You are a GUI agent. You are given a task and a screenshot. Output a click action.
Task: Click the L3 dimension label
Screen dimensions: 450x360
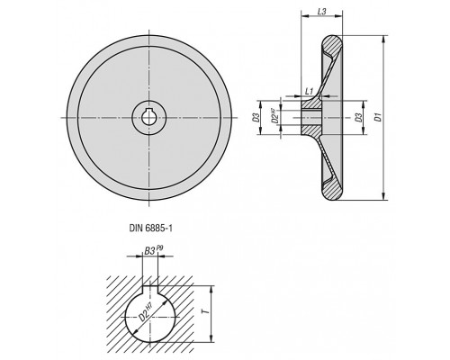pyautogui.click(x=321, y=12)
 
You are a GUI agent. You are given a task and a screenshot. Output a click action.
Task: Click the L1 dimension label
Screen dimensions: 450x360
pyautogui.click(x=309, y=91)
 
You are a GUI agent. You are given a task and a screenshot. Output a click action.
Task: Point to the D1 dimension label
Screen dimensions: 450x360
pyautogui.click(x=379, y=117)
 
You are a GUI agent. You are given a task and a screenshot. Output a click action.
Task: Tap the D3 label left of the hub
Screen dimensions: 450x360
pyautogui.click(x=256, y=117)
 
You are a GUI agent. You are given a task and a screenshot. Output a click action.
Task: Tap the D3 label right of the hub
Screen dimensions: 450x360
pyautogui.click(x=357, y=117)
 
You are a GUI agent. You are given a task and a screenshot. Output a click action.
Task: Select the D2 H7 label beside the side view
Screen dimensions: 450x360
pyautogui.click(x=274, y=117)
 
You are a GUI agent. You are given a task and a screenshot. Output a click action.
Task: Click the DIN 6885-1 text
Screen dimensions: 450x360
pyautogui.click(x=151, y=229)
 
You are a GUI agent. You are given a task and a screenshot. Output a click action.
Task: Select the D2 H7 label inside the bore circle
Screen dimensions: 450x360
pyautogui.click(x=146, y=313)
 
